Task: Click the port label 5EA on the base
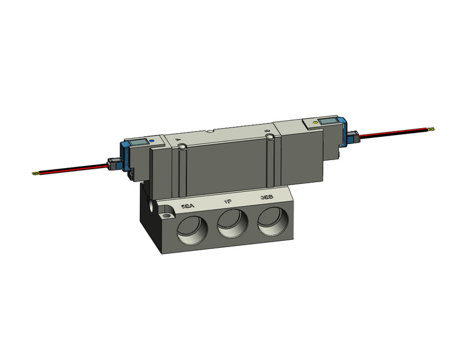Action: [x=186, y=207]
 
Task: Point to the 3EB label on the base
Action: [x=267, y=198]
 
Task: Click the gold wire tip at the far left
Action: [x=35, y=173]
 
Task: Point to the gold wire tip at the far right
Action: [x=434, y=129]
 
